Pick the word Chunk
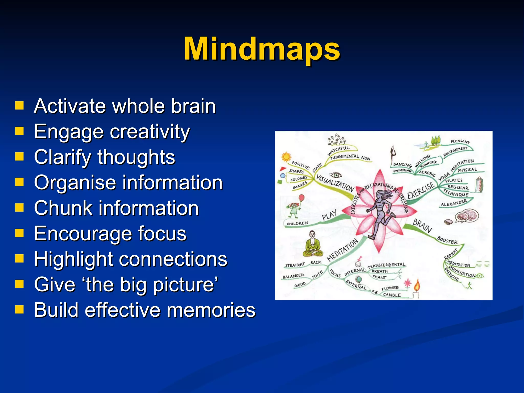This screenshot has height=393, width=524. [63, 208]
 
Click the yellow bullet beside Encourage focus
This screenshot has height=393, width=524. [19, 233]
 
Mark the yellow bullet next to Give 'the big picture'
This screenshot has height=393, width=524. [19, 284]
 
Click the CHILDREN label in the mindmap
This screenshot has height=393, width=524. [297, 223]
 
